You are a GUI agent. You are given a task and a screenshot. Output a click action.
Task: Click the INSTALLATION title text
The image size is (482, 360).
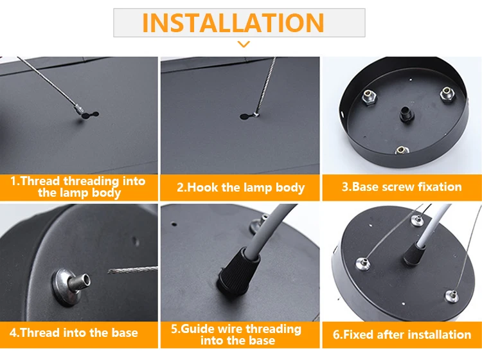coord(233,22)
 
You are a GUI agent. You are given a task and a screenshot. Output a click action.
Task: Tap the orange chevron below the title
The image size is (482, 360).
coord(243,44)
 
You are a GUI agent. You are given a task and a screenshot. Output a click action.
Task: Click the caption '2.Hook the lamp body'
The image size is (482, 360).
coord(240,188)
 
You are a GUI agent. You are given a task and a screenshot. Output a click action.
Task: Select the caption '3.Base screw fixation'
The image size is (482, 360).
coord(401,187)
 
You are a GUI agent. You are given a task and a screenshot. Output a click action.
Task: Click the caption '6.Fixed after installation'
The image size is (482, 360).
coord(402,334)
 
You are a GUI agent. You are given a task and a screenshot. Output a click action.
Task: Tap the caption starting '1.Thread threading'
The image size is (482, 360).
coord(78,186)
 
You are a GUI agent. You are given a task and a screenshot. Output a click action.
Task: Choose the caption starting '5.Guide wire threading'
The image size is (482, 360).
coord(237,334)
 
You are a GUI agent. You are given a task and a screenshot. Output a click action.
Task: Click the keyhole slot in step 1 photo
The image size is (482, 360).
coord(88,116)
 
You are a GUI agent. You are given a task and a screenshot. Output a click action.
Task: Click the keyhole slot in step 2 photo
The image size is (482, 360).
coord(248,116)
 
